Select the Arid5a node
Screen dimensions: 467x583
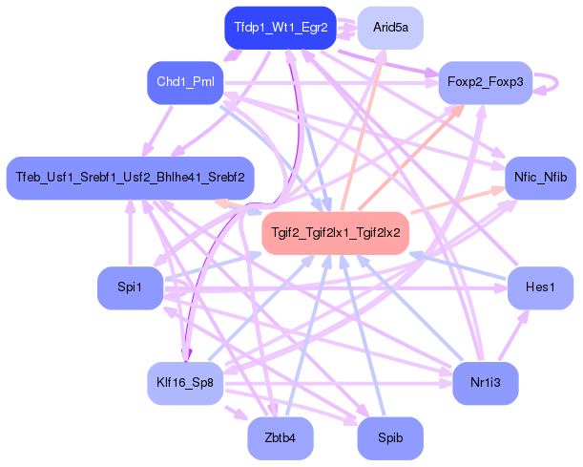(x=390, y=28)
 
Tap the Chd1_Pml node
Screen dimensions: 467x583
(x=184, y=83)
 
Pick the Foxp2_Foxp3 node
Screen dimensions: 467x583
(x=484, y=83)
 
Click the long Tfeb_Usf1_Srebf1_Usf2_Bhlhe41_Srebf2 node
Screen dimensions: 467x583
(x=130, y=178)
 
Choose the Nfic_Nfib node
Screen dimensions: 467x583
(x=539, y=178)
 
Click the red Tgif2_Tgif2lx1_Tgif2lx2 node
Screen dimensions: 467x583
(x=335, y=232)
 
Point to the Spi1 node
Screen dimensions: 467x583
(x=130, y=288)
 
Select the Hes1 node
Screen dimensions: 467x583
(x=539, y=288)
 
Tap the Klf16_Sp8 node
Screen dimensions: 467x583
(x=184, y=384)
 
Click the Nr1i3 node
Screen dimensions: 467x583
(x=485, y=384)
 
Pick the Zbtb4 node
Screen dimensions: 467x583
(x=280, y=438)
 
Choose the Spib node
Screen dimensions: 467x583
(x=389, y=438)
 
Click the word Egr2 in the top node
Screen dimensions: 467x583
(x=314, y=28)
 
